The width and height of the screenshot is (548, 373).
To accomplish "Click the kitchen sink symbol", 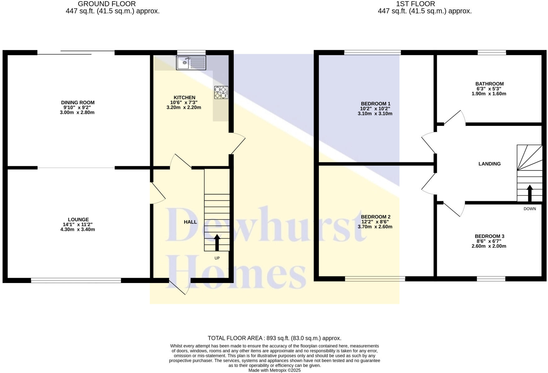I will (x=191, y=62).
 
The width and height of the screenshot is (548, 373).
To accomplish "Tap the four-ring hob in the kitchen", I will (x=221, y=92).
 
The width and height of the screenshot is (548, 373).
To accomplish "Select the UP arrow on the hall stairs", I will (x=217, y=243).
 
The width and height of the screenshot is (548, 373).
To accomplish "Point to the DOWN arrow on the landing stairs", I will (x=530, y=193).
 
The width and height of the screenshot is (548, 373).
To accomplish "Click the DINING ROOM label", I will (x=78, y=102).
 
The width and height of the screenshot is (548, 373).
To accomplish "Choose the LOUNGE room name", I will (x=78, y=220).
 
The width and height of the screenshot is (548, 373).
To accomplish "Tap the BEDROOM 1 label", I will (x=375, y=104).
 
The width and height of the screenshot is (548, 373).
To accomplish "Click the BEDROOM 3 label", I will (x=489, y=236).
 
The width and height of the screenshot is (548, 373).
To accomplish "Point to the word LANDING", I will (x=489, y=164).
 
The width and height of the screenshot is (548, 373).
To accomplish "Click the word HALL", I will (x=190, y=222).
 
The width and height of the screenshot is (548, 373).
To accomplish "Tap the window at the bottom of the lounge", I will (x=76, y=281).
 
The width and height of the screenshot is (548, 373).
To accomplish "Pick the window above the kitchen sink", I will (x=191, y=52).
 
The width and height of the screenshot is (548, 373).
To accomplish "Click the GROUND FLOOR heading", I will (x=107, y=4).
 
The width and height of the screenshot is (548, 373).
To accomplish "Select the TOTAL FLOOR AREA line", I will (x=274, y=338).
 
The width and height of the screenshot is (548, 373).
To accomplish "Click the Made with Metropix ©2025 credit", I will (x=274, y=370).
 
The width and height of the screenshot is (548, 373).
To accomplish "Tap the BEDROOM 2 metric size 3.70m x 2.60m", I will (x=375, y=227).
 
